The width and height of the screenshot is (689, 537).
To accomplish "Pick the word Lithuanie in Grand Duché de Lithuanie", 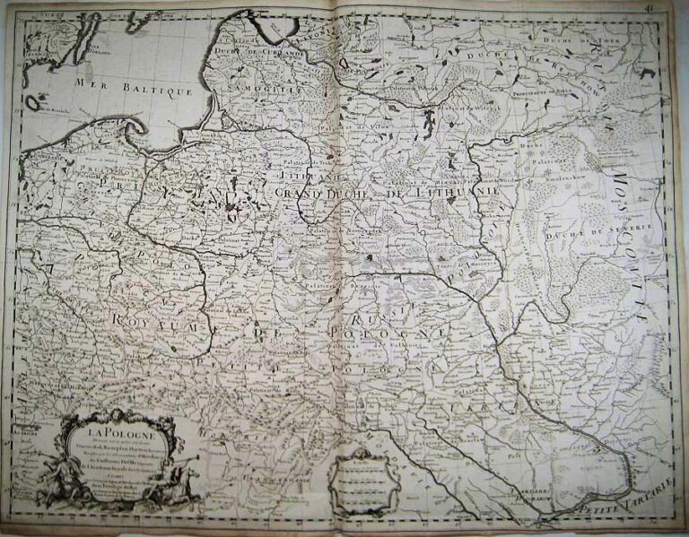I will coord(474,191).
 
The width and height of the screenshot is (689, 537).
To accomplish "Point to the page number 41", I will coord(671,6).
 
